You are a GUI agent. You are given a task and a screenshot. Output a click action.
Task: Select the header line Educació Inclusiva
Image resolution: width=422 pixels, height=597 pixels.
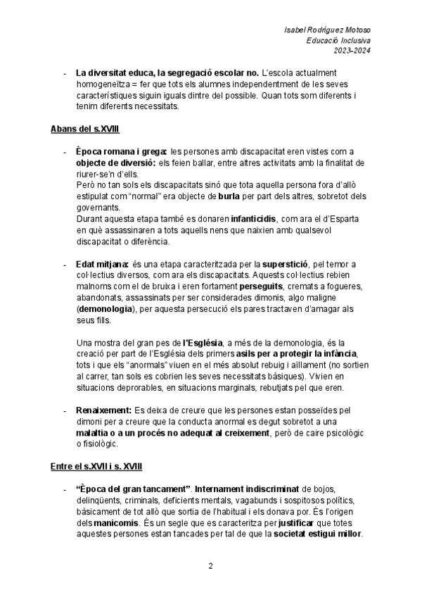(x=339, y=40)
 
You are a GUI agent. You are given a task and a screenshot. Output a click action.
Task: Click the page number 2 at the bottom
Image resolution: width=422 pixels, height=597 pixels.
(x=210, y=566)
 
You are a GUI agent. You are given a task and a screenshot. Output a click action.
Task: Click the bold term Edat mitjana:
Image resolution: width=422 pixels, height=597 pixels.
(x=101, y=264)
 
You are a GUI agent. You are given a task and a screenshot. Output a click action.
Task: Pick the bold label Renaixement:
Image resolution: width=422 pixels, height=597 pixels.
(x=103, y=410)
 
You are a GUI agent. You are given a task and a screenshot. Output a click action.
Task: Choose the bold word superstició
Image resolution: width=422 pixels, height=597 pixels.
(x=288, y=264)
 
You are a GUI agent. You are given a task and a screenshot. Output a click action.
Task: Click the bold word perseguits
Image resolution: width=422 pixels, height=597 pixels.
(x=261, y=287)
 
